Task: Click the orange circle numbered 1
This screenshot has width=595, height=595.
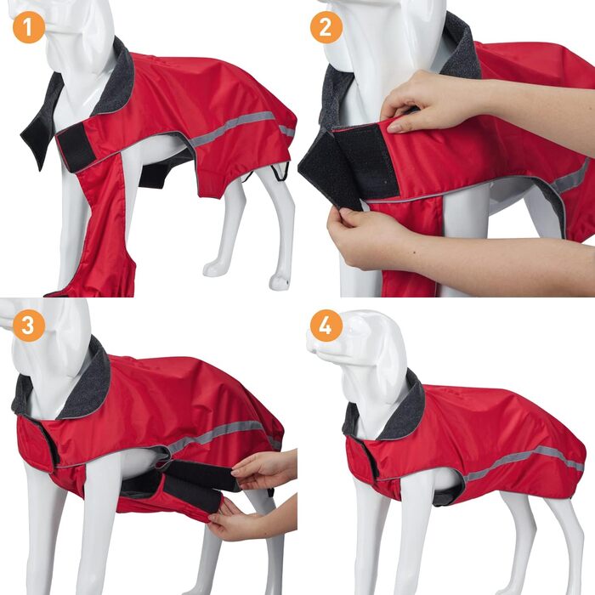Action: pos(29,27)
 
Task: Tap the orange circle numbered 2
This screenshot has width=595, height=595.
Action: pos(326,27)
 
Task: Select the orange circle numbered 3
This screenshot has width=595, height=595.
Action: pos(29,326)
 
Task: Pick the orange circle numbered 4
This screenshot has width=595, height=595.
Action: pos(326,326)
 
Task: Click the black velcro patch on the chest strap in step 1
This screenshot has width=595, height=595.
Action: pos(76,147)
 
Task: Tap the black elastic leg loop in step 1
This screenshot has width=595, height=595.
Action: pos(280,172)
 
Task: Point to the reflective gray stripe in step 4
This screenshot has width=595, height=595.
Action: pos(524,461)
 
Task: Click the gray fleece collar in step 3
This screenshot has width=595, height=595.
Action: pos(76,383)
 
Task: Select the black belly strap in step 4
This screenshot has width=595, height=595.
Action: pos(448,493)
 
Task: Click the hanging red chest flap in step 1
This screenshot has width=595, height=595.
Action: pos(103,228)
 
